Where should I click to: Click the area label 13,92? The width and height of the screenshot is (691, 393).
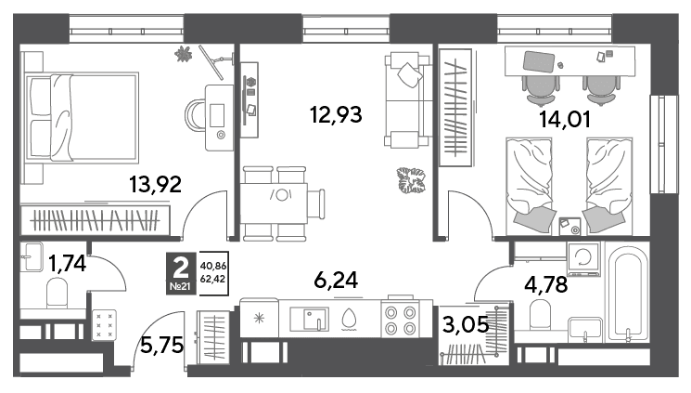point(155,185)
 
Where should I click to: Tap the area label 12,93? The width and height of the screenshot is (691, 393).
point(336,115)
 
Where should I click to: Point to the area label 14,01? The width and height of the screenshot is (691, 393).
point(565,119)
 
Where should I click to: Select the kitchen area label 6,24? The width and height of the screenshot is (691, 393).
point(336,280)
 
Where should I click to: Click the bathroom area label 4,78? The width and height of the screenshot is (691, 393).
point(546,284)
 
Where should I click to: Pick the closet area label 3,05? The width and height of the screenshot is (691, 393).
point(466,325)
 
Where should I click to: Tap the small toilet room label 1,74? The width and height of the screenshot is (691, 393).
point(67,264)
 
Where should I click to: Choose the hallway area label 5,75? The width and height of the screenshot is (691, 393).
point(161,345)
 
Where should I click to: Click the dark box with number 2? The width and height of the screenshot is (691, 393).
point(180,273)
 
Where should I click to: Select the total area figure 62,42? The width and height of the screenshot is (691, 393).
point(213,279)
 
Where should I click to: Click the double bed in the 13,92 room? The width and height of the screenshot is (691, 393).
point(82,117)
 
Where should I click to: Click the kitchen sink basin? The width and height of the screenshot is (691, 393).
point(309,319)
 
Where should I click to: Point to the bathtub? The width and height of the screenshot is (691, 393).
point(628,294)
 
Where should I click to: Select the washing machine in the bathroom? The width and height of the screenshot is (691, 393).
point(584,259)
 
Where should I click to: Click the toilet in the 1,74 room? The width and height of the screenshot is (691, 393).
point(58,293)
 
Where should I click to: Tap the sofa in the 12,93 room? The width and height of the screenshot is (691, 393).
point(407,99)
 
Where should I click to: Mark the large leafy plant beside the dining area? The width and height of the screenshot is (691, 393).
point(411,180)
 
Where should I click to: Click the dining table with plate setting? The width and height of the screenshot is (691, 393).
point(274,203)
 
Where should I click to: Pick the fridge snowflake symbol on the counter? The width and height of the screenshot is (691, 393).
point(259,318)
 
